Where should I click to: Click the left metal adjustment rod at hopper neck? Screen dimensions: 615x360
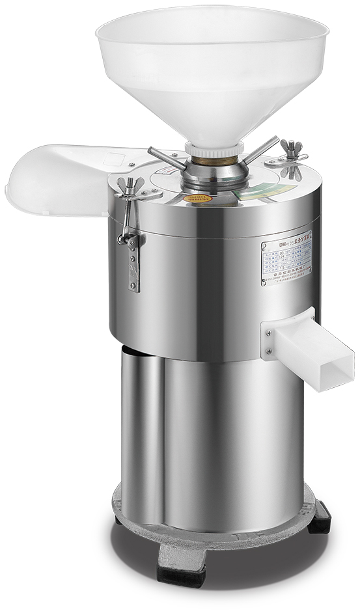[x=165, y=156]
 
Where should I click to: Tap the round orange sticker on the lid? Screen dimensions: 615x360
[x=198, y=198]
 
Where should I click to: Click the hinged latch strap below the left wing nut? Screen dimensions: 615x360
[x=134, y=260]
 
